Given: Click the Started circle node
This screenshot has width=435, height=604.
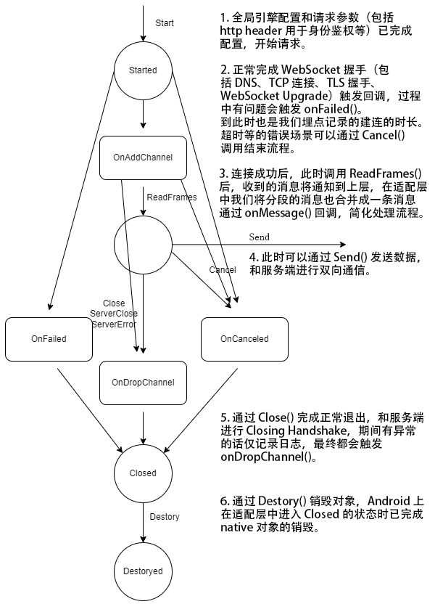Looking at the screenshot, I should point(142,70).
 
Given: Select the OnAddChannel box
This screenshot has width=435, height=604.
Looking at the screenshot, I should point(142,158).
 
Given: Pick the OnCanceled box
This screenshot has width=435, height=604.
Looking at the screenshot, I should point(244,339).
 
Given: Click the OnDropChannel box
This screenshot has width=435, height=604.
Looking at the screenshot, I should point(143,382).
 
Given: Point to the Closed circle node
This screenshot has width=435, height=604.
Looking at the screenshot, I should point(142,473).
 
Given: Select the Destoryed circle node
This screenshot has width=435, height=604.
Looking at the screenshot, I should point(142,571).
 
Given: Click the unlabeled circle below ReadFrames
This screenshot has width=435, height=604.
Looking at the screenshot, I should point(142,245).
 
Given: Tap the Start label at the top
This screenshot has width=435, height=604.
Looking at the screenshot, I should point(165,24).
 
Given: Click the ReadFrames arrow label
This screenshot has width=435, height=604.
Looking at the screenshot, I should point(172,197).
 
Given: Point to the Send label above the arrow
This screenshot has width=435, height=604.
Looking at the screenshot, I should point(259,237).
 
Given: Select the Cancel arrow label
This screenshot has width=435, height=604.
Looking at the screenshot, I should point(222,270).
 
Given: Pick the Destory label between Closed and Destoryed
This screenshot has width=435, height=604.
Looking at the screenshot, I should point(164,517).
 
